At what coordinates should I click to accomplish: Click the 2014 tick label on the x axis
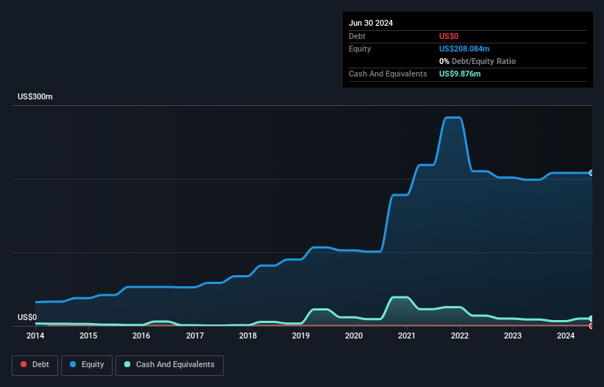(x=35, y=336)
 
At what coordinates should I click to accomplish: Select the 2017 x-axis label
(x=195, y=336)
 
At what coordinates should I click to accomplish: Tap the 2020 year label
(x=354, y=336)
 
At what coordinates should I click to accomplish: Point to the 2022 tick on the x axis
(x=460, y=336)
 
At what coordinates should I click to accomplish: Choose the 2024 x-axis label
(x=566, y=336)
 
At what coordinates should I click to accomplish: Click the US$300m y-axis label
(x=35, y=97)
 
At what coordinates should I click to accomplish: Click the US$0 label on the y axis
(x=27, y=317)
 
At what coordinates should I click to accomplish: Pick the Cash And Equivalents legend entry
(x=169, y=364)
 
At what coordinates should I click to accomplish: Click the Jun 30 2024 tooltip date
(x=371, y=23)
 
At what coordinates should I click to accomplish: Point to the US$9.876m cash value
(x=460, y=74)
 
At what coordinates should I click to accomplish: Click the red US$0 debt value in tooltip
(x=448, y=36)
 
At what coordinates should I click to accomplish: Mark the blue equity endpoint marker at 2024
(x=591, y=173)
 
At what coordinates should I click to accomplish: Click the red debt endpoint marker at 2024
(x=591, y=325)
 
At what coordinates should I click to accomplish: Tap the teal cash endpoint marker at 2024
(x=591, y=319)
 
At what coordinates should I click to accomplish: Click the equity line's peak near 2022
(x=452, y=118)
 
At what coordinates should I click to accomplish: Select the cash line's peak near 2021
(x=399, y=297)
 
